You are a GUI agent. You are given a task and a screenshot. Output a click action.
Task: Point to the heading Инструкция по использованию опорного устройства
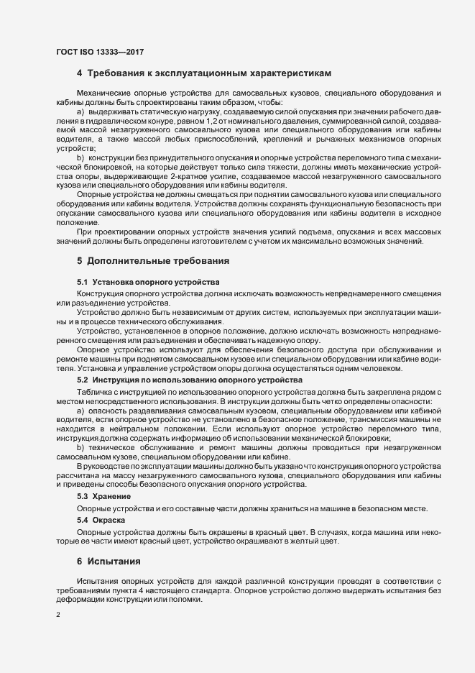coord(190,379)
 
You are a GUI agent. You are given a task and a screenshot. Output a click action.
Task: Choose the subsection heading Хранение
coord(103,496)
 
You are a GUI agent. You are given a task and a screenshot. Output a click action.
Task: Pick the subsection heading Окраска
coord(101,519)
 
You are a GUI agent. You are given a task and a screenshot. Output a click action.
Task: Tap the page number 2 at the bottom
coord(57,615)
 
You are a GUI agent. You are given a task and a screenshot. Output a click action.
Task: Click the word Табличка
coord(94,390)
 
